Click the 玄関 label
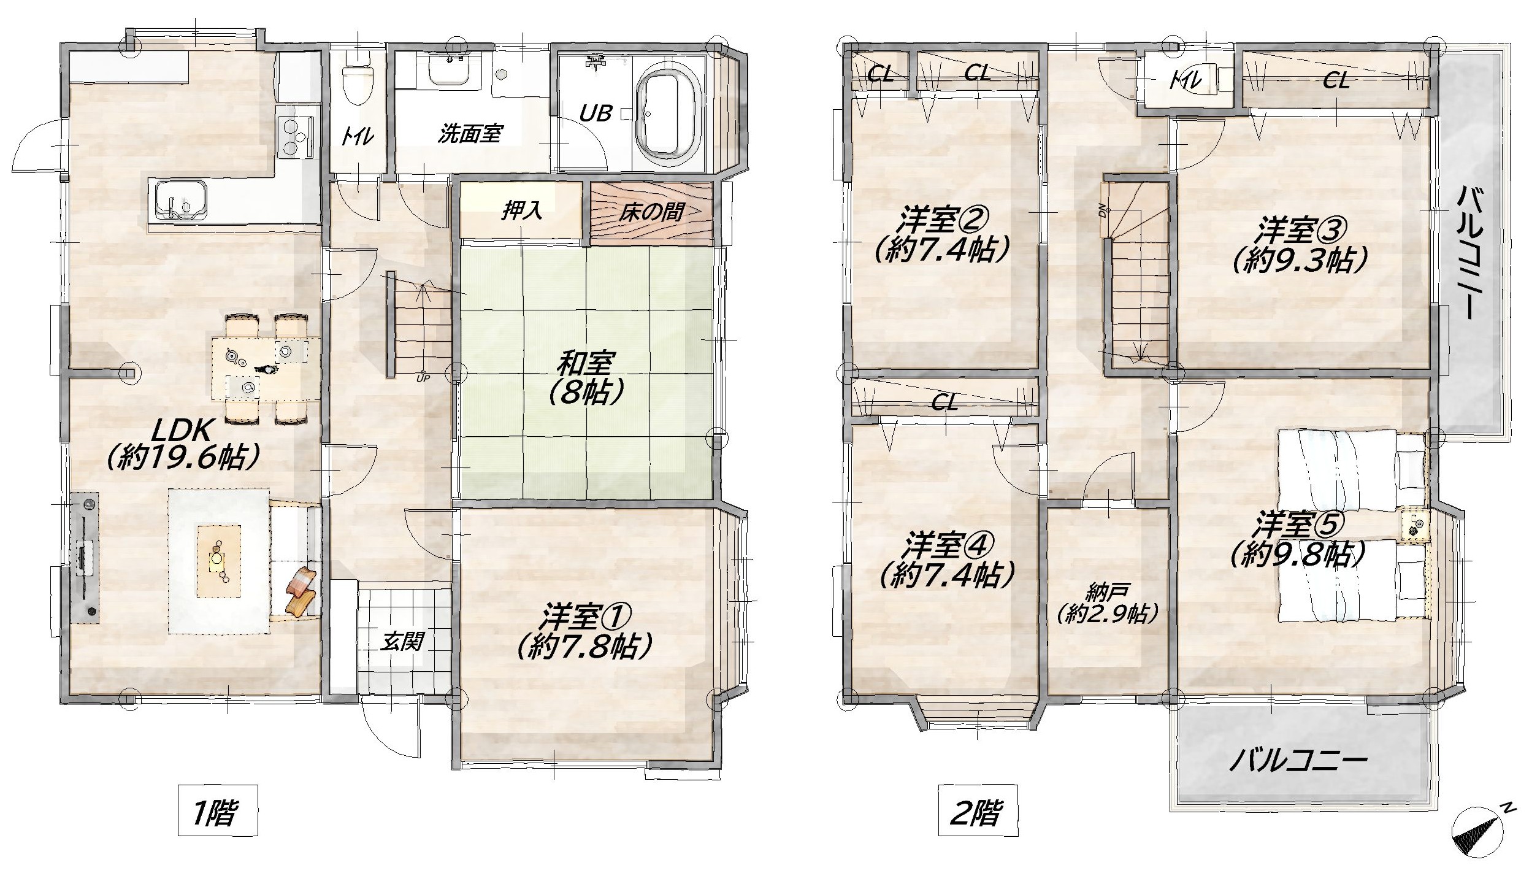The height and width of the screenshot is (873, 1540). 402,642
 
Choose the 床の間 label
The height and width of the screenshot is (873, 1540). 651,212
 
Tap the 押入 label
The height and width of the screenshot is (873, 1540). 522,212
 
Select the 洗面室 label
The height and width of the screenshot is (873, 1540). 470,134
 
